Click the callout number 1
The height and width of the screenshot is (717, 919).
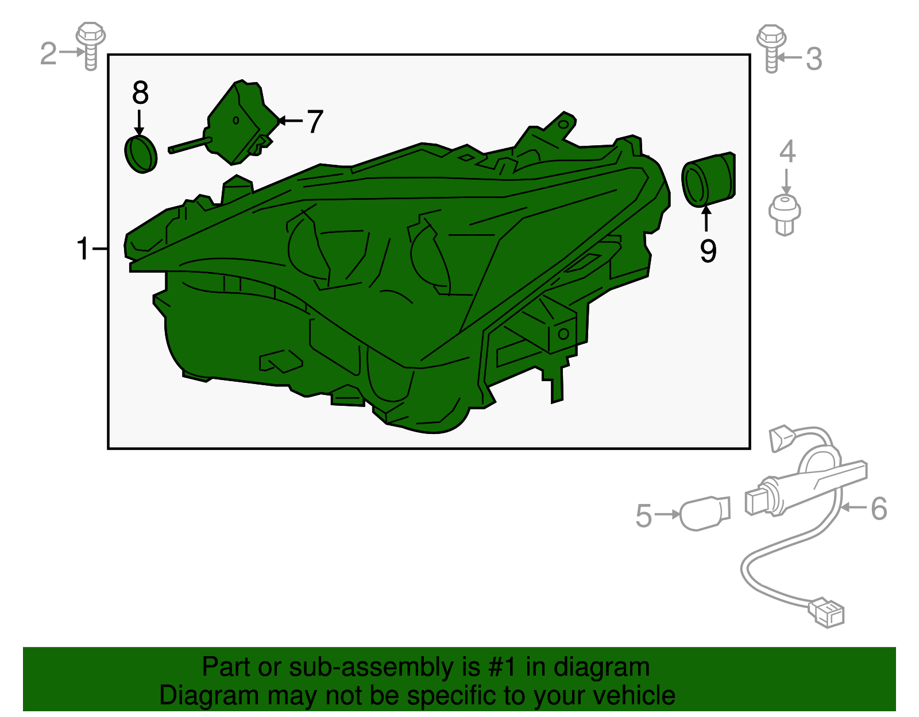pyautogui.click(x=83, y=249)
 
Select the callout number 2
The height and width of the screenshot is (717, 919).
pyautogui.click(x=48, y=53)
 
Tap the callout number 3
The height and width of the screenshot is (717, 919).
pyautogui.click(x=814, y=59)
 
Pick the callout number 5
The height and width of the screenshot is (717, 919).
pyautogui.click(x=644, y=516)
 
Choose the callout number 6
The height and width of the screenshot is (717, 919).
pyautogui.click(x=879, y=508)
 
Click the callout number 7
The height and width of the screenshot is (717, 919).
pyautogui.click(x=315, y=121)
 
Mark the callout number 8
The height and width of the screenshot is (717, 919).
pyautogui.click(x=140, y=92)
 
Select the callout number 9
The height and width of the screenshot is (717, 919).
pyautogui.click(x=708, y=250)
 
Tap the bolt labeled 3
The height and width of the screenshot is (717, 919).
pyautogui.click(x=771, y=48)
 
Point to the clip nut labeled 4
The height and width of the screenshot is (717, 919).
pyautogui.click(x=785, y=215)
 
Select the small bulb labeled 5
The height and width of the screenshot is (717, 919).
pyautogui.click(x=705, y=513)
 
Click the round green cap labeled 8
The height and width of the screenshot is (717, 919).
pyautogui.click(x=141, y=154)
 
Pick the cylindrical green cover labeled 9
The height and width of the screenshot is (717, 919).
pyautogui.click(x=708, y=179)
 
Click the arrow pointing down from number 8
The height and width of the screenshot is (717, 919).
pyautogui.click(x=139, y=122)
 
